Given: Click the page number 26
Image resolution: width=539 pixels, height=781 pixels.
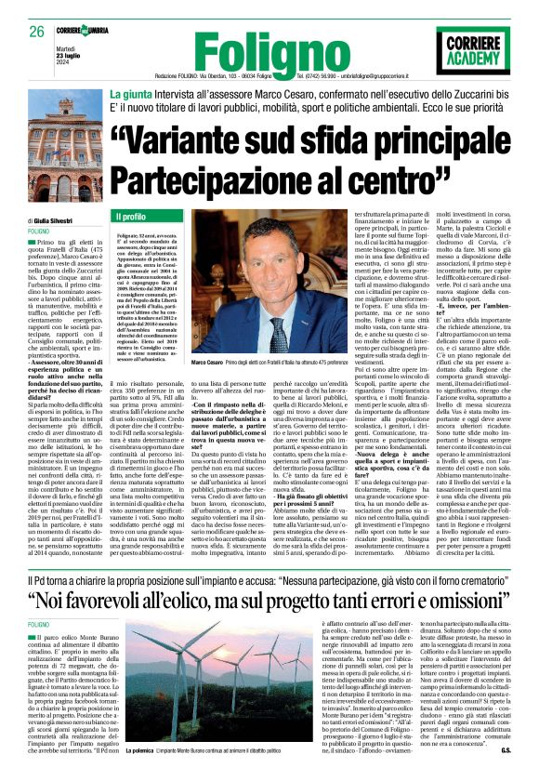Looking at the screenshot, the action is (x=37, y=32).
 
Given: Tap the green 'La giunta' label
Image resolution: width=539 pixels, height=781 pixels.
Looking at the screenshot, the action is (x=130, y=94).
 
